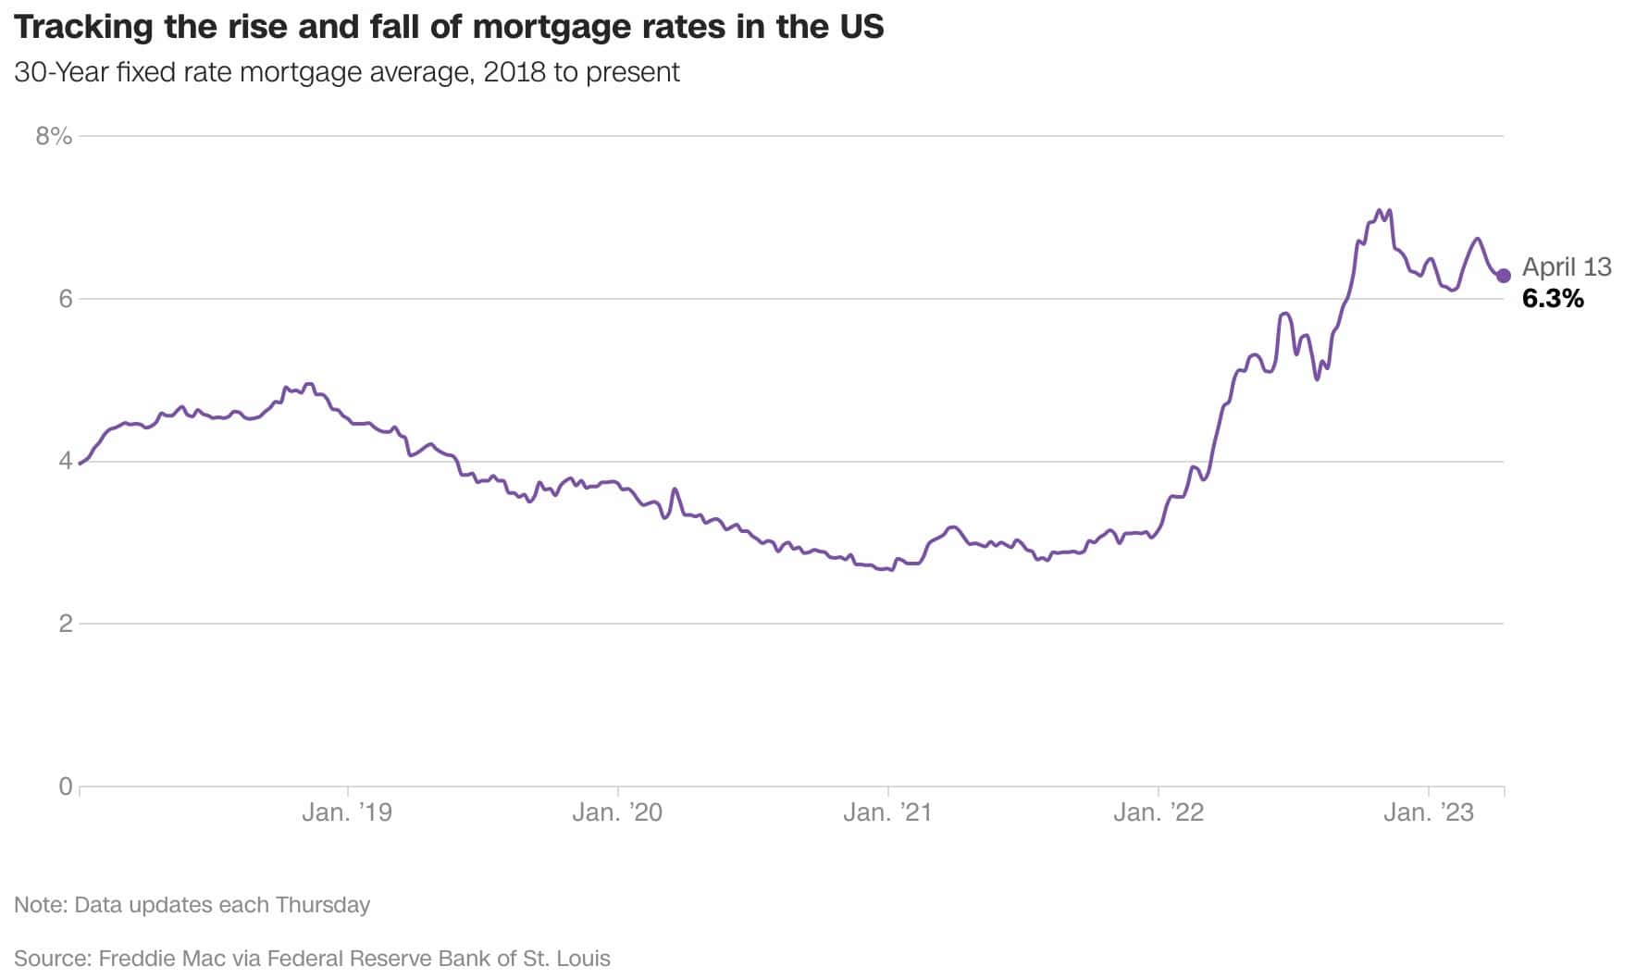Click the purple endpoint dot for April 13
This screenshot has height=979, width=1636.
tap(1503, 276)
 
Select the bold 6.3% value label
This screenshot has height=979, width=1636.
tap(1553, 299)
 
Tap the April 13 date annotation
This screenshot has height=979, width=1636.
tap(1567, 267)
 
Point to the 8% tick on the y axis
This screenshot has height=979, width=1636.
tap(54, 137)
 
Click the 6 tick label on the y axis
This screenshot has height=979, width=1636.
tap(65, 299)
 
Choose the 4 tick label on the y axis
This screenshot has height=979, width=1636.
tap(65, 461)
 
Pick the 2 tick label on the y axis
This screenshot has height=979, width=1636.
tap(65, 624)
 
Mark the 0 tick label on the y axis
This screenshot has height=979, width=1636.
tap(65, 787)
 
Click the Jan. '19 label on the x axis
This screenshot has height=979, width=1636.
tap(347, 812)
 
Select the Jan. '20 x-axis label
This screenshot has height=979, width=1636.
tap(617, 812)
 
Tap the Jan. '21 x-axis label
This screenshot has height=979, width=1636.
tap(887, 812)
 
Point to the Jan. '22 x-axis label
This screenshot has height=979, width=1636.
tap(1158, 812)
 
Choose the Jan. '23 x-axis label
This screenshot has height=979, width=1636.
tap(1428, 812)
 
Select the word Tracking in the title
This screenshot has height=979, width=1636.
tap(83, 28)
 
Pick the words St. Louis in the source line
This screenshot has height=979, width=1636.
tap(566, 959)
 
